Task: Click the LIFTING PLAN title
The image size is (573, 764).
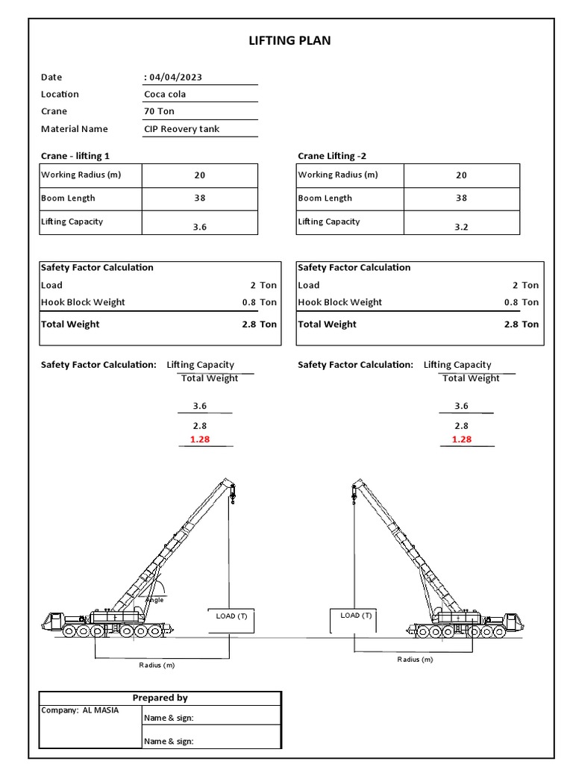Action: pyautogui.click(x=289, y=41)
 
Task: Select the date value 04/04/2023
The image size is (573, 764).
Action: pyautogui.click(x=175, y=77)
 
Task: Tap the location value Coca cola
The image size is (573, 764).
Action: pyautogui.click(x=165, y=94)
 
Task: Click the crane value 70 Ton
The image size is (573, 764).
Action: pyautogui.click(x=160, y=111)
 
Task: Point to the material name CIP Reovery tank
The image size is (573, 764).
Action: pyautogui.click(x=181, y=129)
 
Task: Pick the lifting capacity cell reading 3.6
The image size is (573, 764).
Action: pyautogui.click(x=199, y=227)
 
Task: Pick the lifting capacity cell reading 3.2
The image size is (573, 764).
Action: pyautogui.click(x=461, y=227)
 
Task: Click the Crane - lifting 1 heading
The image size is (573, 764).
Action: pyautogui.click(x=78, y=156)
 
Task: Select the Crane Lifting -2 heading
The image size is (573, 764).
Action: pyautogui.click(x=332, y=156)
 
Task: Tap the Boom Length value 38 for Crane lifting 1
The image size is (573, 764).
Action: pyautogui.click(x=199, y=198)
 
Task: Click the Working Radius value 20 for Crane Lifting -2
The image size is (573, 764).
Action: pyautogui.click(x=461, y=175)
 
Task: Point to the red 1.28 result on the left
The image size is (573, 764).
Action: pyautogui.click(x=200, y=439)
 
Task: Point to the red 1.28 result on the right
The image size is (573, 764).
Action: pyautogui.click(x=462, y=439)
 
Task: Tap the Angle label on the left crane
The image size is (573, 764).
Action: pyautogui.click(x=154, y=600)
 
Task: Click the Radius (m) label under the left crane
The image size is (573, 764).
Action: pyautogui.click(x=157, y=665)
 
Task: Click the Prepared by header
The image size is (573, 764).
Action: pyautogui.click(x=160, y=698)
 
